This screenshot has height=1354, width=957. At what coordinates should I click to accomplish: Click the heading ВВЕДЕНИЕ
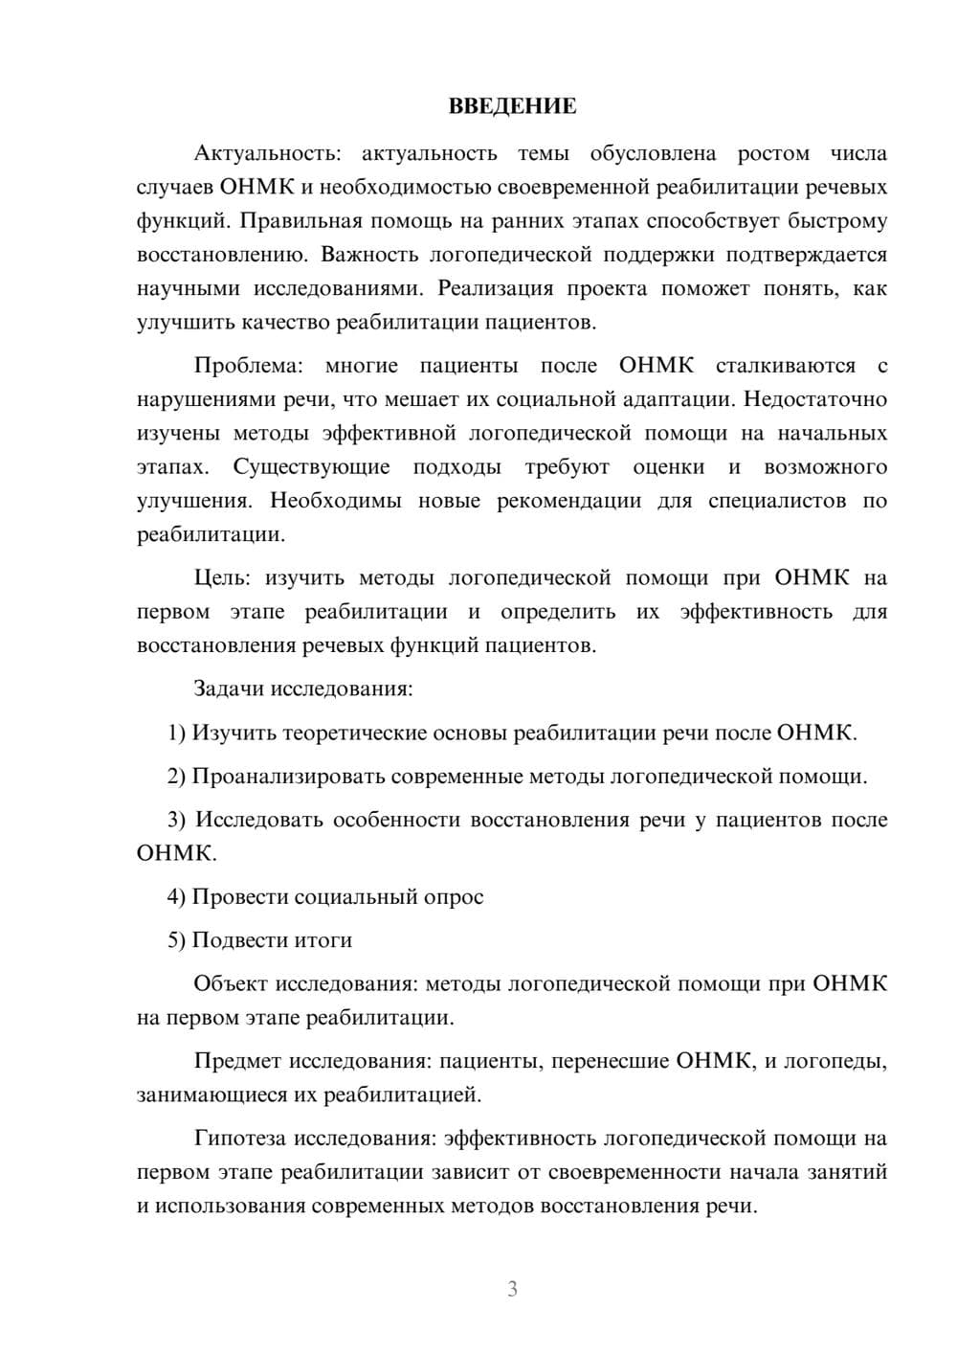click(x=512, y=106)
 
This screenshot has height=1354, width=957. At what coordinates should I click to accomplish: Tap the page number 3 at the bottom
click(x=512, y=1289)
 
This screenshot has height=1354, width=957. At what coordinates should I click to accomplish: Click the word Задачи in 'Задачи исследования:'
click(x=230, y=688)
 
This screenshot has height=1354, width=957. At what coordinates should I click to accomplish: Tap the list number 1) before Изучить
click(x=177, y=733)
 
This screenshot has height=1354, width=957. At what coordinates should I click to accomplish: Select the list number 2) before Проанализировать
click(x=177, y=776)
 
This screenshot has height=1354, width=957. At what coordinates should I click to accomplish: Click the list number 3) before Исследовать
click(x=177, y=820)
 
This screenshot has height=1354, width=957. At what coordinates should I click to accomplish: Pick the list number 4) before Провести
click(x=177, y=897)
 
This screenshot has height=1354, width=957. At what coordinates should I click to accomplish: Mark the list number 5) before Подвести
click(x=177, y=940)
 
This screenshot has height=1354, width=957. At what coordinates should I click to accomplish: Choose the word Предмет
click(x=238, y=1061)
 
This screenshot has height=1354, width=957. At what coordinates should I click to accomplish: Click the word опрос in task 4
click(x=455, y=897)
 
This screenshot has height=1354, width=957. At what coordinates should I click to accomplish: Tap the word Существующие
click(x=312, y=467)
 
